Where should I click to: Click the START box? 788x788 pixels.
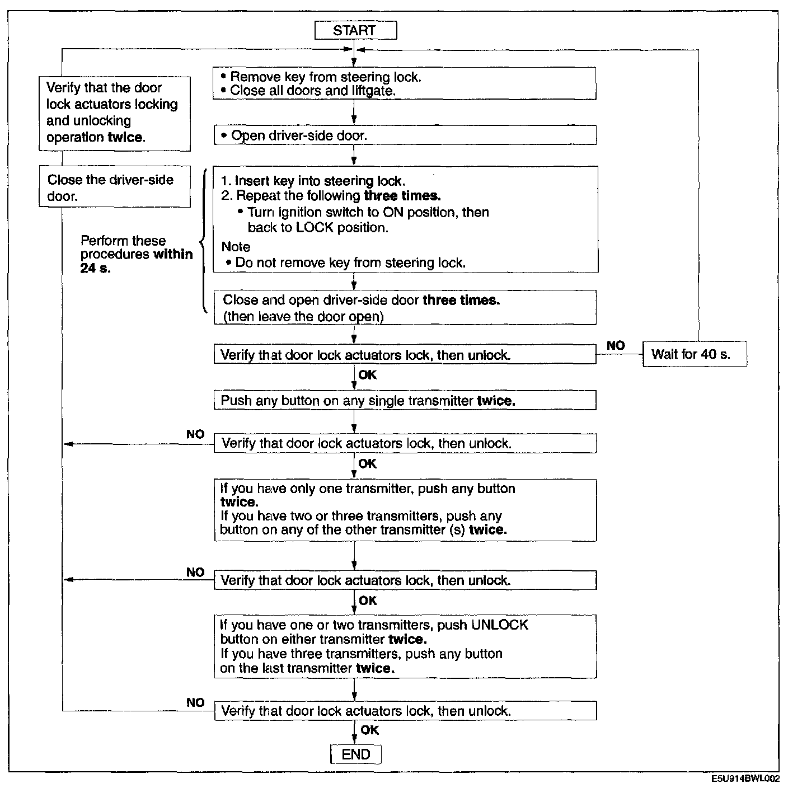pos(355,30)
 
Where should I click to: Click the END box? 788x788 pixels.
pos(356,754)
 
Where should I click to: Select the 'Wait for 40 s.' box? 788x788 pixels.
pos(695,354)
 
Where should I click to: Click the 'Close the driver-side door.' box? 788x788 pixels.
pos(114,187)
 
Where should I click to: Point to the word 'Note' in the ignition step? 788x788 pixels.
pos(236,247)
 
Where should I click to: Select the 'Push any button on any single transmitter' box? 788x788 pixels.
pos(404,401)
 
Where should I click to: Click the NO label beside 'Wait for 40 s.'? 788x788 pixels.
pos(616,346)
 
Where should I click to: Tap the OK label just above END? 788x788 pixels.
pos(369,730)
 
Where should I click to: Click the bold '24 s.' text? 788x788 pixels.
pos(96,268)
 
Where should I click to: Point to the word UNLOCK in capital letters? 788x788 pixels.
pos(500,625)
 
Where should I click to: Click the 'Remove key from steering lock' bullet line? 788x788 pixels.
pos(325,77)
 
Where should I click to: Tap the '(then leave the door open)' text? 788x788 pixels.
pos(303,316)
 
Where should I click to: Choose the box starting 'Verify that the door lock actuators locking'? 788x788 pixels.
pos(114,112)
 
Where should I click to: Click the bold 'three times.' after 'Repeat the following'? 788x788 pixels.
pos(402,195)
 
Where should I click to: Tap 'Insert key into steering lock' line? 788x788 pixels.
pos(313,181)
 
